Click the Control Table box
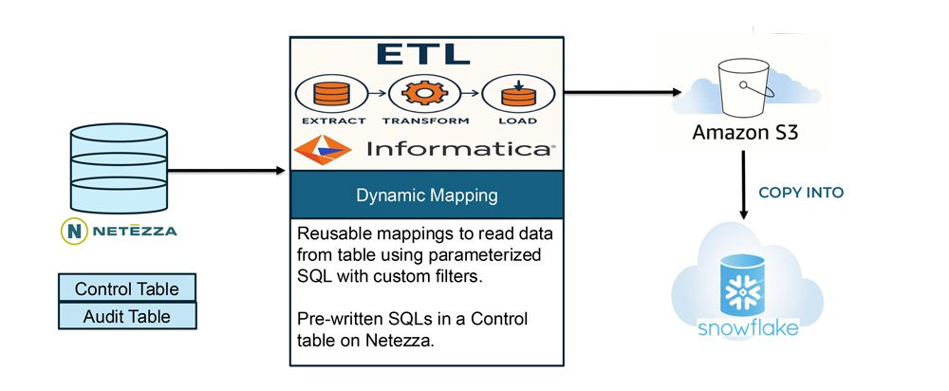127,289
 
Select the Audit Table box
127,316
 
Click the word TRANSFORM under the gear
424,121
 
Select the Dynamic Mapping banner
426,196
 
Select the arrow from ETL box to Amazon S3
623,93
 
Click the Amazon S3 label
744,134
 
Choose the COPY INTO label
801,192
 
